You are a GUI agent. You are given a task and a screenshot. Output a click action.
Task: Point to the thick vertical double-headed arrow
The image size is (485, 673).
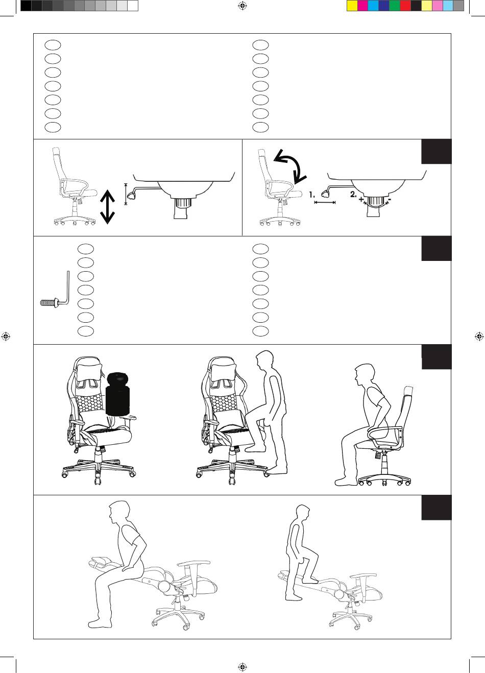[107, 207]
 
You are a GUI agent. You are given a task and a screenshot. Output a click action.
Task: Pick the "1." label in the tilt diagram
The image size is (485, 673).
[312, 195]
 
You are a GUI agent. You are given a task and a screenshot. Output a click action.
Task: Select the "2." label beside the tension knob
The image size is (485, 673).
[353, 195]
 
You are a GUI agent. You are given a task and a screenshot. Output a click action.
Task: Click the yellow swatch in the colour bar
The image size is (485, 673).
[352, 6]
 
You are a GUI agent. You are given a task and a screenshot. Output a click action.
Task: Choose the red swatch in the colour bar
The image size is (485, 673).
[405, 6]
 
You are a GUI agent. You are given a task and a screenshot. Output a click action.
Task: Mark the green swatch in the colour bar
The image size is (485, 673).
[395, 6]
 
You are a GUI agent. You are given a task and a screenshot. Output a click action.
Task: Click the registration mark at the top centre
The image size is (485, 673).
[243, 6]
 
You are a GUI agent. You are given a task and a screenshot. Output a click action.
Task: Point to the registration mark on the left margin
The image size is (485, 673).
[6, 336]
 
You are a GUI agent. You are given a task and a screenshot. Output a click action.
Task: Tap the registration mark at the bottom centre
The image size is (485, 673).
[243, 667]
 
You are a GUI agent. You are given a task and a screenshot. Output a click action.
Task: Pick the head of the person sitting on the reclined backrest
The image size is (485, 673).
[118, 512]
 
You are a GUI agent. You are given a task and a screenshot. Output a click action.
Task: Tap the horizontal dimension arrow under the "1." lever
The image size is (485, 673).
[325, 203]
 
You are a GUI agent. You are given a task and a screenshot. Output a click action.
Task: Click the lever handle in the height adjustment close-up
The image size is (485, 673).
[131, 196]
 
